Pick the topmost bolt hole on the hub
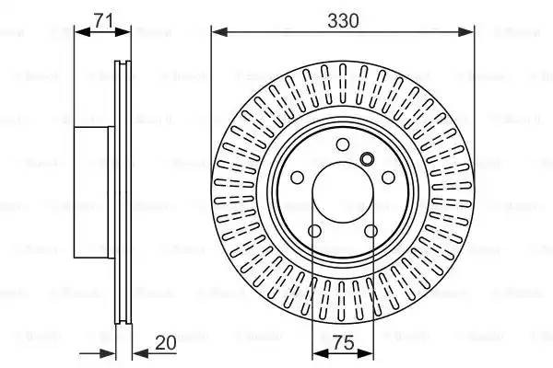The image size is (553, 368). pyautogui.click(x=343, y=144)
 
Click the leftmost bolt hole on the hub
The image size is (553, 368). pyautogui.click(x=298, y=178)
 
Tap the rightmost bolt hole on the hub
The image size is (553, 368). pyautogui.click(x=388, y=178)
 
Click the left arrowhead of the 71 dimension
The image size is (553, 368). pyautogui.click(x=80, y=31)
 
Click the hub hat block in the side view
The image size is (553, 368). pyautogui.click(x=92, y=190)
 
